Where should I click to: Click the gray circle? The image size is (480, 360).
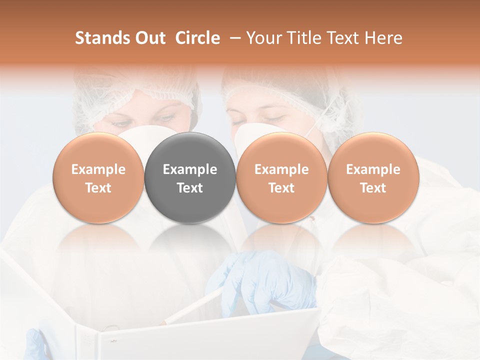tap(190, 178)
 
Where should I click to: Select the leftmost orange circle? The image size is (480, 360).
tap(98, 178)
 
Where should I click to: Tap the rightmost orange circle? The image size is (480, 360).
tap(373, 178)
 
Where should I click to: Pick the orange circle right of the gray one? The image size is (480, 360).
tap(281, 178)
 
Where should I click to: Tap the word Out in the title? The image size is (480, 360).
tap(151, 38)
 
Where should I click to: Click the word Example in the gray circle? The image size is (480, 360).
tap(190, 169)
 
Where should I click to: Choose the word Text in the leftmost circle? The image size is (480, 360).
tap(98, 188)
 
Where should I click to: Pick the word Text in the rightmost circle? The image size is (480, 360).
tap(373, 188)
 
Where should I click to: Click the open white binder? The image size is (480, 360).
tap(150, 335)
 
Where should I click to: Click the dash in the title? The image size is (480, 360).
tap(233, 38)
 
